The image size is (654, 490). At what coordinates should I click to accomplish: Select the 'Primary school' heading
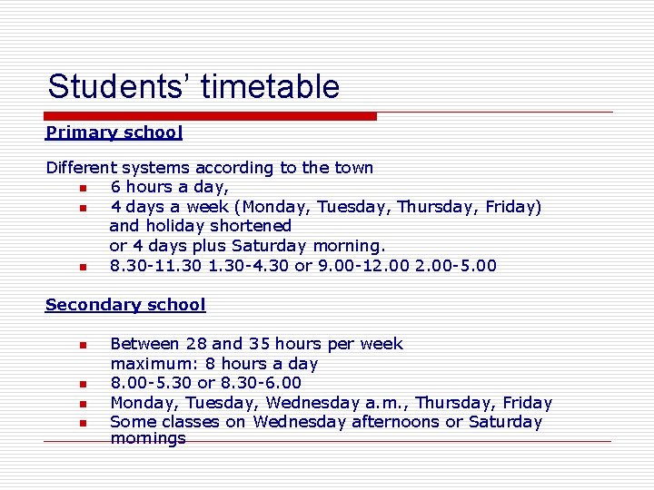coord(114,132)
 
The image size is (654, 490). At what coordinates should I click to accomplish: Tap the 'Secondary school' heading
coord(125,305)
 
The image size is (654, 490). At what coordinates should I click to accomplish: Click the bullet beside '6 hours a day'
coord(81,188)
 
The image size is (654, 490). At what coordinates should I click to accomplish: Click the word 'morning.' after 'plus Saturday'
coord(350,246)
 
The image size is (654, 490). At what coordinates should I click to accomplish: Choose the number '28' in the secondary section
coord(195,344)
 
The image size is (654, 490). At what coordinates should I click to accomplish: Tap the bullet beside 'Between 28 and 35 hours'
coord(81,345)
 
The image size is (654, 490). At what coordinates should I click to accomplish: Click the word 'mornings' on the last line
coord(147,439)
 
